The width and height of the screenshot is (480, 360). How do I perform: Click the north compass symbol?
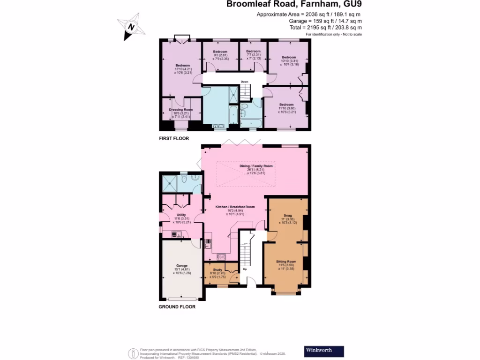click(x=131, y=28)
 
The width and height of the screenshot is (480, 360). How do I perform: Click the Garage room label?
click(x=181, y=268)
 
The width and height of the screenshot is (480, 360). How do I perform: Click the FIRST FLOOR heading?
click(x=174, y=139)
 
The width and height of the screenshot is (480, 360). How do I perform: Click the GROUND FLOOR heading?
click(x=177, y=307)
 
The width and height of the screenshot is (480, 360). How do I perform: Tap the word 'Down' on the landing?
click(x=244, y=82)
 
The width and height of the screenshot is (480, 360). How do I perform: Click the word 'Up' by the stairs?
click(x=245, y=270)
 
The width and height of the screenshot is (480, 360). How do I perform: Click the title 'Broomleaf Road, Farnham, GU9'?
click(x=294, y=5)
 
